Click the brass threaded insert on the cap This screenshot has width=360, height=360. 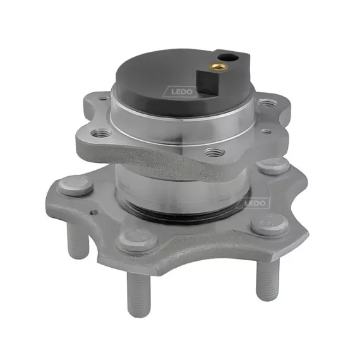[220, 67]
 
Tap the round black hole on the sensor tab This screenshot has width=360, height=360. [225, 56]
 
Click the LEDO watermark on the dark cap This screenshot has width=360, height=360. [179, 92]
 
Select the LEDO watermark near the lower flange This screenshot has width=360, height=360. [255, 203]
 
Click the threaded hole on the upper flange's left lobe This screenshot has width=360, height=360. [100, 133]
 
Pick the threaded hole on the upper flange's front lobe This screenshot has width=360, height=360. [215, 152]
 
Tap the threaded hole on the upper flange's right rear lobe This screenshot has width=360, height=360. [267, 102]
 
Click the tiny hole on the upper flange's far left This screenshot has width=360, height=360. [104, 99]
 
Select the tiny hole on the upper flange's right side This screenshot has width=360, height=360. [266, 132]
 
